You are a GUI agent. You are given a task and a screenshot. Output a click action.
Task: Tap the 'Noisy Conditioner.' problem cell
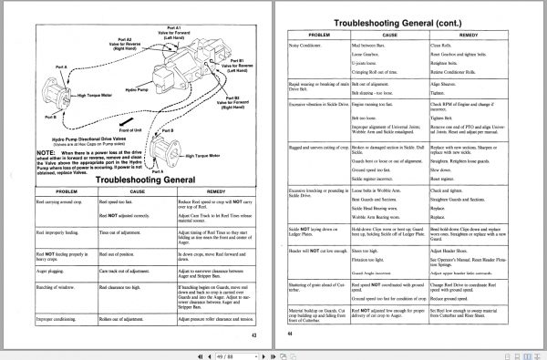pyautogui.click(x=309, y=44)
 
